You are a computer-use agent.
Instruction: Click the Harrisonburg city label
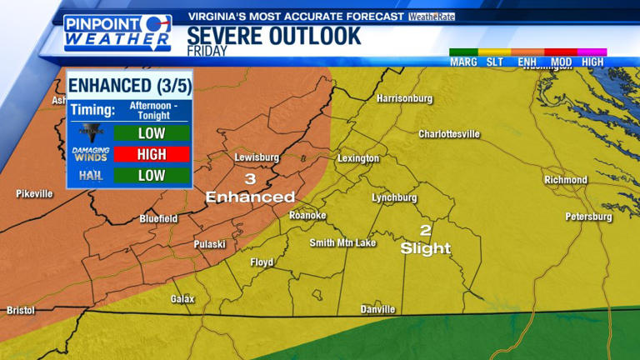pyautogui.click(x=405, y=98)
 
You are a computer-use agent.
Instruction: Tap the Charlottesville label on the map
pyautogui.click(x=449, y=133)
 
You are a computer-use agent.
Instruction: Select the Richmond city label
pyautogui.click(x=566, y=180)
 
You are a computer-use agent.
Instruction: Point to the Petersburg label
pyautogui.click(x=588, y=217)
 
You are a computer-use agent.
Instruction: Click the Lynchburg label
pyautogui.click(x=394, y=197)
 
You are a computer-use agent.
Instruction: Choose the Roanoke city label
pyautogui.click(x=307, y=216)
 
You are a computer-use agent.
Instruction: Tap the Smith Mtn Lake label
pyautogui.click(x=342, y=243)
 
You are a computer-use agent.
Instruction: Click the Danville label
pyautogui.click(x=377, y=309)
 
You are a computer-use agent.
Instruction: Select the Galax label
pyautogui.click(x=182, y=298)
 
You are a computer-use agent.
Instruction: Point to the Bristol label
pyautogui.click(x=21, y=310)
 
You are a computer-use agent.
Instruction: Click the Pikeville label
pyautogui.click(x=34, y=193)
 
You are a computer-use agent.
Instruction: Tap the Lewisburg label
pyautogui.click(x=254, y=157)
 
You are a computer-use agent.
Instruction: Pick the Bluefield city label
pyautogui.click(x=158, y=218)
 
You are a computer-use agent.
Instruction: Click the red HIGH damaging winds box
pyautogui.click(x=152, y=154)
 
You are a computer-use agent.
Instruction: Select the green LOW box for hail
pyautogui.click(x=152, y=175)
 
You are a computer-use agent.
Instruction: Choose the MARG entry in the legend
pyautogui.click(x=463, y=62)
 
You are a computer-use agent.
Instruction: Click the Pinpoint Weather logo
pyautogui.click(x=117, y=33)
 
